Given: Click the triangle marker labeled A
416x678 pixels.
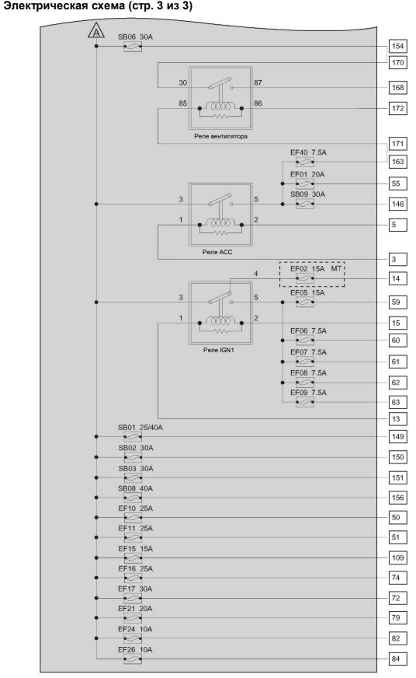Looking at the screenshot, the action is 96,32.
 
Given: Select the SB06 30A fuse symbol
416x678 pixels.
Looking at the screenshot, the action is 133,47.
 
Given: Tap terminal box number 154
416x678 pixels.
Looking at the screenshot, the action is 397,47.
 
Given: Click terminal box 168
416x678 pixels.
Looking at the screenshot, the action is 397,88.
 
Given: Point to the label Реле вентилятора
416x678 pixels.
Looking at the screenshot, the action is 220,136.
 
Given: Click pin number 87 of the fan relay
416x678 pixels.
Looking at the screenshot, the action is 258,82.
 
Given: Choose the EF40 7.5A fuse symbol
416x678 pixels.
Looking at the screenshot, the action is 305,163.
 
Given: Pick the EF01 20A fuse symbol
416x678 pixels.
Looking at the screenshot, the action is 305,184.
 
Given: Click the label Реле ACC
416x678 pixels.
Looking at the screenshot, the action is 217,252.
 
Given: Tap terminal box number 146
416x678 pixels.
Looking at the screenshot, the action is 397,204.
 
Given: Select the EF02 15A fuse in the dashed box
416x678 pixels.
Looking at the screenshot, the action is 305,279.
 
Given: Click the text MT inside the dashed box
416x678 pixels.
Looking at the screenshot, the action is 336,269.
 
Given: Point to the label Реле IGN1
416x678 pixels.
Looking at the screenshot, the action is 218,350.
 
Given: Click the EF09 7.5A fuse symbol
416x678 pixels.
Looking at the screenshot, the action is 305,403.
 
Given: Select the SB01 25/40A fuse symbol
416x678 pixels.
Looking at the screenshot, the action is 133,437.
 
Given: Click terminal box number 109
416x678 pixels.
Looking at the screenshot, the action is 397,557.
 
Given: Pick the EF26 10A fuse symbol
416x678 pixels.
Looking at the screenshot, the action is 133,659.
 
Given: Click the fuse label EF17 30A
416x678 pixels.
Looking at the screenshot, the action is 135,589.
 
